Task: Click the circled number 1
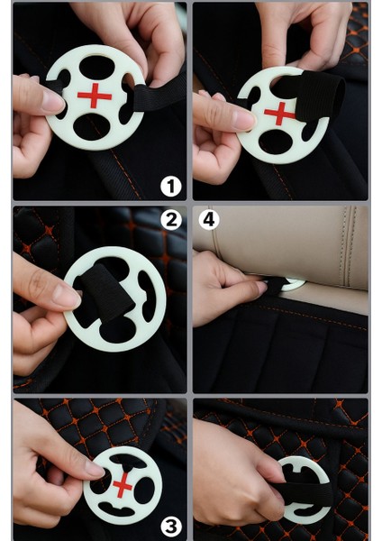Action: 170,187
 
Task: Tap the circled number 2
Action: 171,220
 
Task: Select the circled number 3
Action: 171,527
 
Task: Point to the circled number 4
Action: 209,219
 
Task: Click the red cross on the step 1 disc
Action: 95,96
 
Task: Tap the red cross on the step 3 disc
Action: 123,485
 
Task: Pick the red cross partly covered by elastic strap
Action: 279,114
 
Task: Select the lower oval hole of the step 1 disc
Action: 93,126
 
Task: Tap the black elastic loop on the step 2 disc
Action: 105,292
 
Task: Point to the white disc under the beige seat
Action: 293,284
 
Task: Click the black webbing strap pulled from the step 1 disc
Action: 159,94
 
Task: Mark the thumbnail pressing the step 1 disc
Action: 53,101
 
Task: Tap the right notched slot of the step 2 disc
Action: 147,296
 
